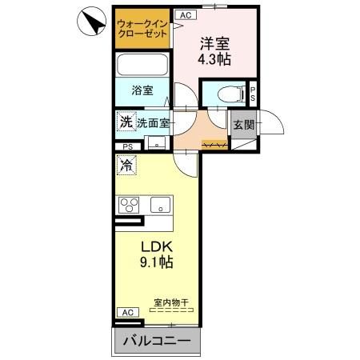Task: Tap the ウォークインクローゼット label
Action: click(142, 29)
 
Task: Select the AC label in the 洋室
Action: click(185, 14)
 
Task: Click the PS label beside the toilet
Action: click(252, 93)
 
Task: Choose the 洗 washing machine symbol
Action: click(126, 122)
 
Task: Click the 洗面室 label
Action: click(153, 123)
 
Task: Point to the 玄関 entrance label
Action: click(243, 125)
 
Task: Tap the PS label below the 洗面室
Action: click(128, 146)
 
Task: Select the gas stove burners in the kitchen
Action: click(130, 204)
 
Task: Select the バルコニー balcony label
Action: click(157, 342)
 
